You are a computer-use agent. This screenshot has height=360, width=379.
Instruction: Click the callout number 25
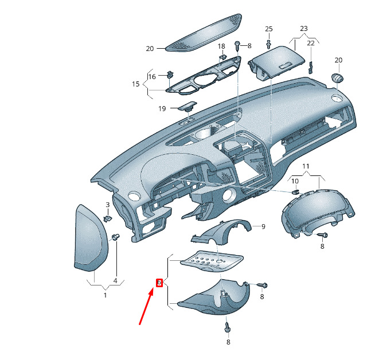click(269, 29)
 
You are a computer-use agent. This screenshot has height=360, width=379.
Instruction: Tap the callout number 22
click(311, 43)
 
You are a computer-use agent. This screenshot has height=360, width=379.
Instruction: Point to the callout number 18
click(221, 46)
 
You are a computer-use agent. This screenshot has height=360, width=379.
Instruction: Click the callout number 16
click(152, 76)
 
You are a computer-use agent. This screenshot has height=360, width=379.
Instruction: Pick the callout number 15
click(136, 84)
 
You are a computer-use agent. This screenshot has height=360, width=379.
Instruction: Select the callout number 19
click(162, 108)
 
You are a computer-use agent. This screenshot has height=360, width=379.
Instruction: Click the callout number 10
click(295, 182)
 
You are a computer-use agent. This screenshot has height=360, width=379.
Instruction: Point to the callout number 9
click(263, 226)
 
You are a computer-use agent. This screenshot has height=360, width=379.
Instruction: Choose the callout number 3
click(107, 205)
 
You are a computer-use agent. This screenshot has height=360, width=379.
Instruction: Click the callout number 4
click(115, 281)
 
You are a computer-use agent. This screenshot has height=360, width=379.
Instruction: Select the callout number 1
click(105, 295)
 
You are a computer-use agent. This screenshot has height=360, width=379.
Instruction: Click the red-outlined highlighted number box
click(159, 282)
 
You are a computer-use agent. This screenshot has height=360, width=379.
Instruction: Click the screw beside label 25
click(269, 42)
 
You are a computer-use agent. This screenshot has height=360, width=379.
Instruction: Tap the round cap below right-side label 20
click(337, 77)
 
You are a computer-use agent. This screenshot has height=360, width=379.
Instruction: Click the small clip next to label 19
click(187, 106)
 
